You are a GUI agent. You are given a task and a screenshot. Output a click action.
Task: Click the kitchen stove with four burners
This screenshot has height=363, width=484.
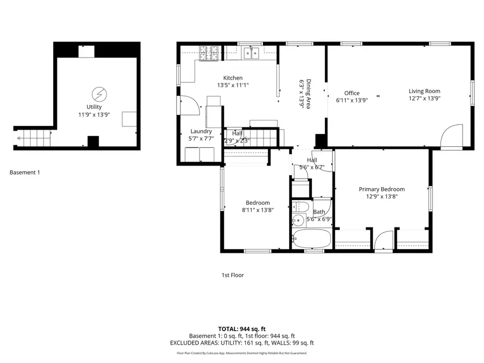[208, 53]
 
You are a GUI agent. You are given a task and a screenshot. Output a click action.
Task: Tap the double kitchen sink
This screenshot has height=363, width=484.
[251, 53]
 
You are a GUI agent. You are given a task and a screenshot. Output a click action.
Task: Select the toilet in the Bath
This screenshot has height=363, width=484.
[302, 208]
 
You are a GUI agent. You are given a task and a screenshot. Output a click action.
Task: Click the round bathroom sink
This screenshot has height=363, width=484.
[297, 220]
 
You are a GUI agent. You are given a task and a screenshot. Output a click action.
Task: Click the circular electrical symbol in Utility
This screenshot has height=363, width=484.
[99, 95]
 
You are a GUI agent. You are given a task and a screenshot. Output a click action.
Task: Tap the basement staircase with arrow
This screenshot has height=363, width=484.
[32, 138]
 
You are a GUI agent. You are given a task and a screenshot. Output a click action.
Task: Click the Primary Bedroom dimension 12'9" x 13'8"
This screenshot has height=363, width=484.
[382, 197]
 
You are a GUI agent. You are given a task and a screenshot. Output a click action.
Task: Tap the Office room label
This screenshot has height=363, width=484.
[352, 93]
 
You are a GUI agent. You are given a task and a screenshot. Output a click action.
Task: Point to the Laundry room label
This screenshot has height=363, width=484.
[201, 131]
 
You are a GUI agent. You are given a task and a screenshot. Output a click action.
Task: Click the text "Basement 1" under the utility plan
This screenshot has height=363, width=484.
[25, 173]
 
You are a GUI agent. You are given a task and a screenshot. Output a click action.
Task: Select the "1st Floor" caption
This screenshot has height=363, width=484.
[233, 275]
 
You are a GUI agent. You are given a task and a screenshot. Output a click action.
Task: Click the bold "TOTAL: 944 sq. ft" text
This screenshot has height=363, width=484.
[242, 329]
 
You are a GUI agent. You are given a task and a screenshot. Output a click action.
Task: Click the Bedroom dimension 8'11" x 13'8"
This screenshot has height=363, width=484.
[258, 210]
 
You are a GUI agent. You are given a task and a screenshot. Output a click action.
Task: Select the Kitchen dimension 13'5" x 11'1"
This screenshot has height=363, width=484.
[233, 85]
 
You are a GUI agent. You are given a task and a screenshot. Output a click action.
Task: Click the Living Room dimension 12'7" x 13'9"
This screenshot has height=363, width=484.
[424, 98]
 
